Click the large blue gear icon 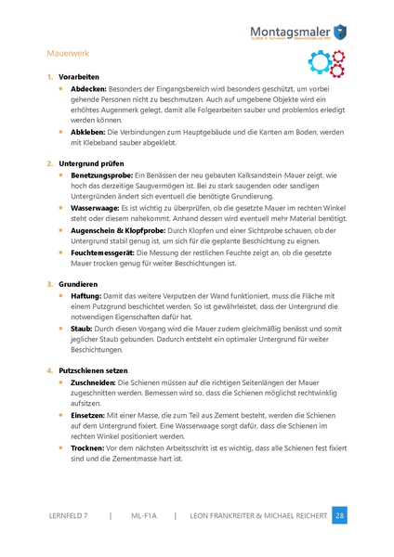click(318, 63)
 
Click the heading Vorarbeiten click(78, 76)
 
